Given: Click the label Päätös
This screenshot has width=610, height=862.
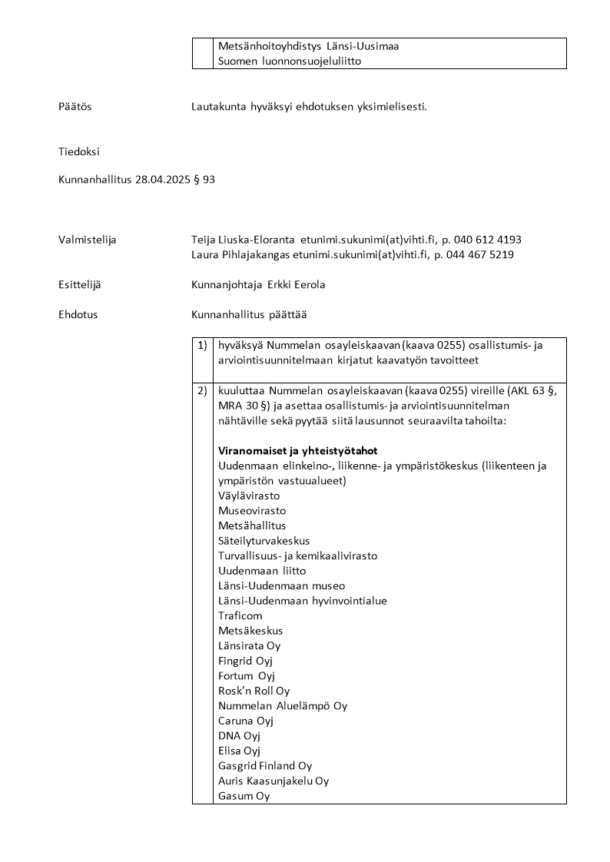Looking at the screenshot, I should (x=75, y=107).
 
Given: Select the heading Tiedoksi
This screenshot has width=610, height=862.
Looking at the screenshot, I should (x=79, y=152).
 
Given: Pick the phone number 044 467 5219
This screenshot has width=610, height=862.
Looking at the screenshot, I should (x=482, y=254).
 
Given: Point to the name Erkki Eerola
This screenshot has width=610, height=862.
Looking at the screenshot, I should (x=297, y=285).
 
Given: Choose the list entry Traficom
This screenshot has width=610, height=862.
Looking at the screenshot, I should (x=240, y=615).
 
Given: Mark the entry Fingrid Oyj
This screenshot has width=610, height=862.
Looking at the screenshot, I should (x=246, y=661).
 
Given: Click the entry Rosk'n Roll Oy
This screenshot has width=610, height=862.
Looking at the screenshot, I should (x=254, y=691).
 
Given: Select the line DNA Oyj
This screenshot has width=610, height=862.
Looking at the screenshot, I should (x=239, y=735).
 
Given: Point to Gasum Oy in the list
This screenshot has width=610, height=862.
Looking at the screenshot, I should (x=244, y=796).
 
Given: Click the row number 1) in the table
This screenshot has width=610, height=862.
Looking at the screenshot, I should (x=202, y=346).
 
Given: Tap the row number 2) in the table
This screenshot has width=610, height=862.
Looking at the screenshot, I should (x=202, y=391).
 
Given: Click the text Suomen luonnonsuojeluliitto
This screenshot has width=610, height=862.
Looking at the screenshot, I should (x=290, y=61).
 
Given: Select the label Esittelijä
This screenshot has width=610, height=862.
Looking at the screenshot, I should (x=79, y=285).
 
